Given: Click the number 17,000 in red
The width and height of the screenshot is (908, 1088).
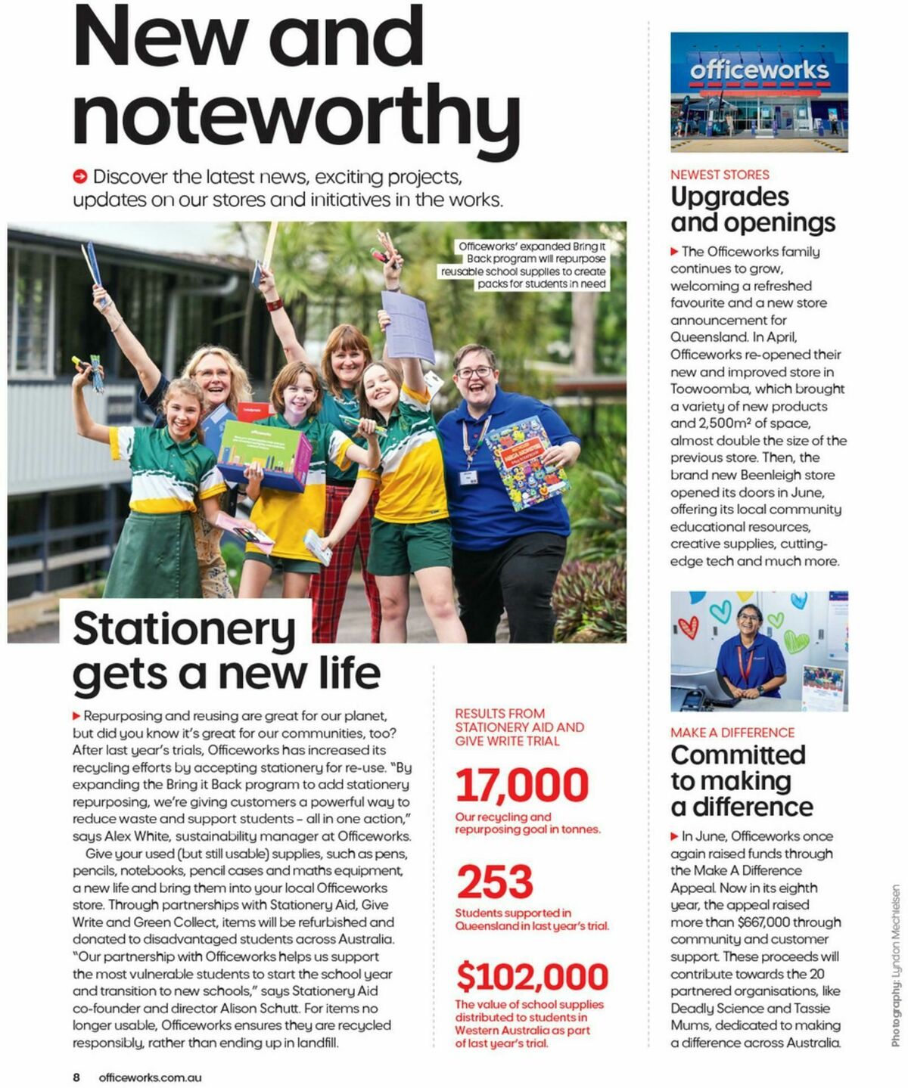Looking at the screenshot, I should click(521, 785).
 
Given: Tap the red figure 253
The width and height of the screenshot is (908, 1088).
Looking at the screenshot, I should click(495, 882).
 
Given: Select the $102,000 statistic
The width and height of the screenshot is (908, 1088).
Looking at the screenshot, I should click(532, 977).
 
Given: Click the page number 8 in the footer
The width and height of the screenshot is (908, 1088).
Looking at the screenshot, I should click(76, 1077).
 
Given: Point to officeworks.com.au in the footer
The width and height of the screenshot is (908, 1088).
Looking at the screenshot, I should click(150, 1077).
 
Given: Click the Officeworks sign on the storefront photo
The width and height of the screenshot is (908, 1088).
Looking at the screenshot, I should click(758, 70).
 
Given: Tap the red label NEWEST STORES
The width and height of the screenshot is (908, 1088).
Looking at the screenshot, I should click(719, 175).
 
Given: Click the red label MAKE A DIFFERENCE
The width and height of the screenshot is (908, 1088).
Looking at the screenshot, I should click(732, 733).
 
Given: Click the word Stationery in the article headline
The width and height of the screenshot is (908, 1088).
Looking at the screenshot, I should click(184, 628).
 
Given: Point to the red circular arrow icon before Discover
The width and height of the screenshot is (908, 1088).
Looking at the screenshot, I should click(80, 177).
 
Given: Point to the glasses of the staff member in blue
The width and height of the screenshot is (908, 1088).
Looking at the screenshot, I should click(474, 372).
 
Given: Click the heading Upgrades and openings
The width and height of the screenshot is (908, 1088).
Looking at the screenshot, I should click(752, 209).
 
